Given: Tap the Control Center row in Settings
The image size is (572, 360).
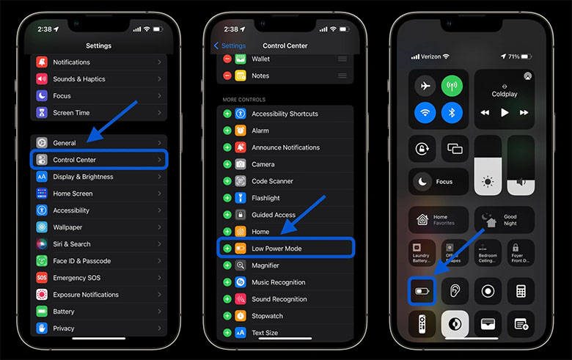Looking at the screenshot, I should pyautogui.click(x=98, y=160).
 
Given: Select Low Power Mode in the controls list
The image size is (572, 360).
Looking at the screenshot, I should pyautogui.click(x=286, y=249).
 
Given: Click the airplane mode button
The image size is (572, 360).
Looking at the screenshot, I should pyautogui.click(x=423, y=86).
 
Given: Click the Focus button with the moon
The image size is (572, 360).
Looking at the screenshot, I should pyautogui.click(x=438, y=181).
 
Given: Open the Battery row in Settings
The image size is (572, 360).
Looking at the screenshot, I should pyautogui.click(x=98, y=312).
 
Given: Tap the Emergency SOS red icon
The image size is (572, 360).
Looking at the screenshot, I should pyautogui.click(x=42, y=278).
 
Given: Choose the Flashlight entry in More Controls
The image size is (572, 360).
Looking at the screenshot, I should pyautogui.click(x=286, y=198).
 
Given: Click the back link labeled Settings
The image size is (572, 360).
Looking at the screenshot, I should pyautogui.click(x=230, y=45).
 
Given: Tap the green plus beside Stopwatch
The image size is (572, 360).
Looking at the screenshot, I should pyautogui.click(x=227, y=316).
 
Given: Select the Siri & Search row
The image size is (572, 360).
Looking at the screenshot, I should pyautogui.click(x=98, y=244).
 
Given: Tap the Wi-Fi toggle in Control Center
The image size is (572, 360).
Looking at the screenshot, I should pyautogui.click(x=423, y=112).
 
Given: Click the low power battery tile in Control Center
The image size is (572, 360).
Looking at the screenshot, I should pyautogui.click(x=423, y=290).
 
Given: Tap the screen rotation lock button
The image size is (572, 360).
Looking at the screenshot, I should pyautogui.click(x=422, y=149).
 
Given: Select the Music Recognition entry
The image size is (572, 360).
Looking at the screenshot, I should pyautogui.click(x=286, y=282).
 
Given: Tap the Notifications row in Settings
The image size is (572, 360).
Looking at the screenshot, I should pyautogui.click(x=98, y=62).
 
